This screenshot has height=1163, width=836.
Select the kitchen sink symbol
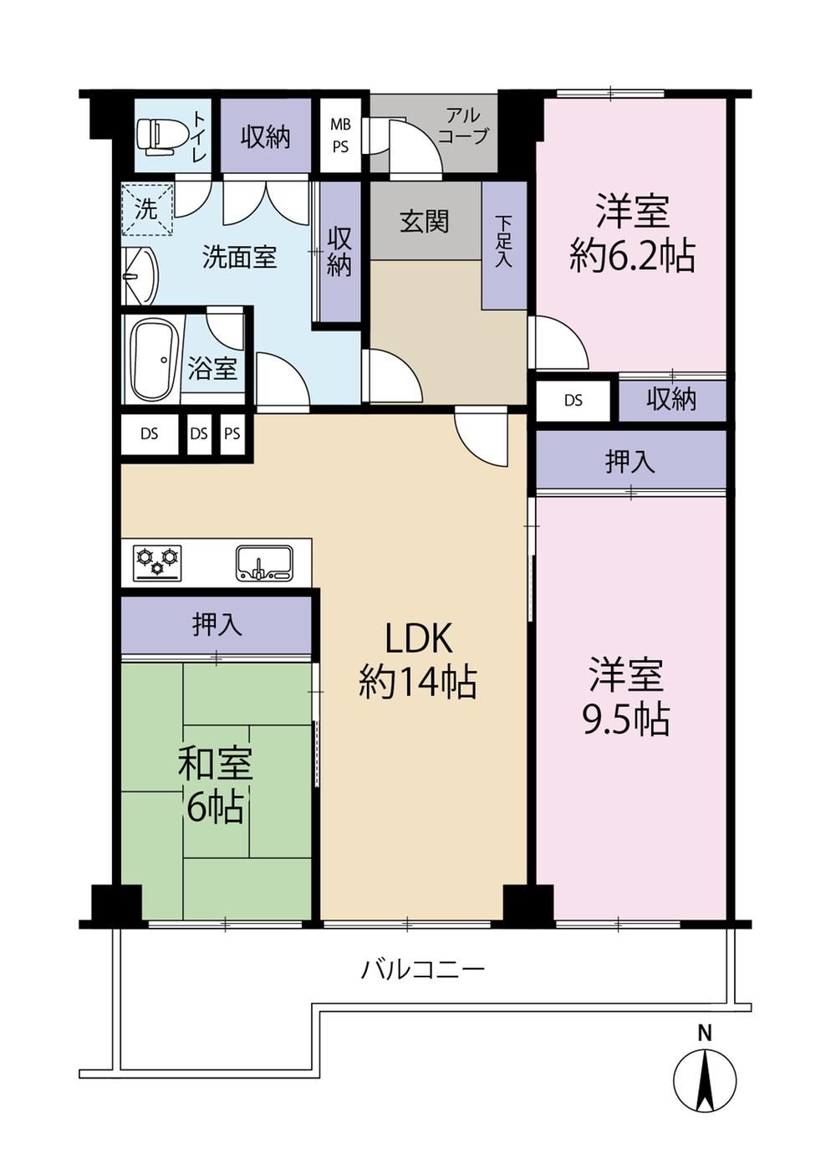coord(265,563)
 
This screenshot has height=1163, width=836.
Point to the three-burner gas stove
coord(158,563)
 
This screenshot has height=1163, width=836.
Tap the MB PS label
coord(341,136)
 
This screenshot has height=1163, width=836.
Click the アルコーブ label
coord(463,126)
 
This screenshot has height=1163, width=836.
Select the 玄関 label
coord(424,223)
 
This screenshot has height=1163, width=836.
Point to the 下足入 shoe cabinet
coord(504,245)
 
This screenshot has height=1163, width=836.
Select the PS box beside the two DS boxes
coord(232,433)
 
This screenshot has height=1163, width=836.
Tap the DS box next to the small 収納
coord(573,400)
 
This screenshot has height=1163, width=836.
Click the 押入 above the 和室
coord(217,624)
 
